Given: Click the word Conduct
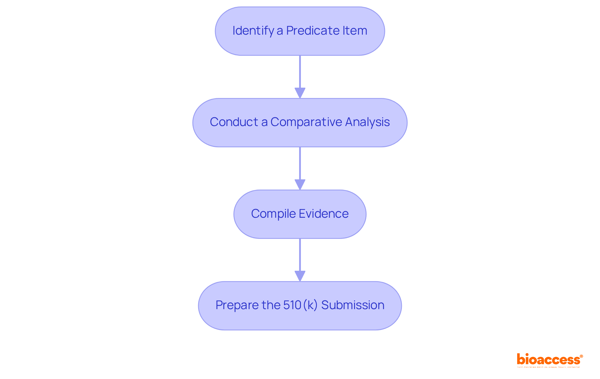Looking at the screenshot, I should (234, 122).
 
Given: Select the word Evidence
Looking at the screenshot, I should (323, 214).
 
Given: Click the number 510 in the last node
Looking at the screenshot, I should (292, 305).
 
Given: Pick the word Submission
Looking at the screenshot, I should (352, 305).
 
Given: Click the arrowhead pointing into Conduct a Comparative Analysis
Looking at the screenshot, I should (300, 93).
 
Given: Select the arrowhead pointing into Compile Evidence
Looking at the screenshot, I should (300, 185).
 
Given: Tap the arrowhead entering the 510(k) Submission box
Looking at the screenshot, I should (300, 276).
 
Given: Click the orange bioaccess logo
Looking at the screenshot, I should (548, 360).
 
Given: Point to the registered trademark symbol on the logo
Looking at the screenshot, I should (581, 356).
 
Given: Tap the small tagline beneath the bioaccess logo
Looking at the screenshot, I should (548, 367).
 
